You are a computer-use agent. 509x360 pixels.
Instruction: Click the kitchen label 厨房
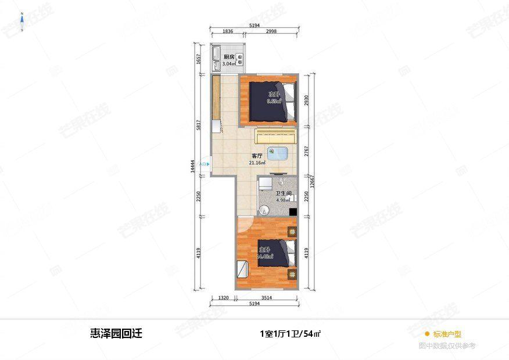[228, 57]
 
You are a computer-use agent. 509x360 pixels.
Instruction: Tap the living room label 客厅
[257, 156]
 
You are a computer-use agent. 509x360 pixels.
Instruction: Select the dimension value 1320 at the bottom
[223, 298]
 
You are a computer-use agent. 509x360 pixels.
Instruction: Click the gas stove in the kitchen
[239, 57]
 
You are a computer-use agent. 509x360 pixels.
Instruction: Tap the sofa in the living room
[276, 137]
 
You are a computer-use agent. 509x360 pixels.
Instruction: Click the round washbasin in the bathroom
[265, 210]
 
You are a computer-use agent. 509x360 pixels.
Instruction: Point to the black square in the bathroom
[293, 211]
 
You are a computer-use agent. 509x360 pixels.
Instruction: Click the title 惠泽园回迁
[116, 333]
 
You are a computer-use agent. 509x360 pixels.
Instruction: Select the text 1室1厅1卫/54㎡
[291, 334]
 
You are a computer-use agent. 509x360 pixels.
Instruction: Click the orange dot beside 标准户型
[427, 334]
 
